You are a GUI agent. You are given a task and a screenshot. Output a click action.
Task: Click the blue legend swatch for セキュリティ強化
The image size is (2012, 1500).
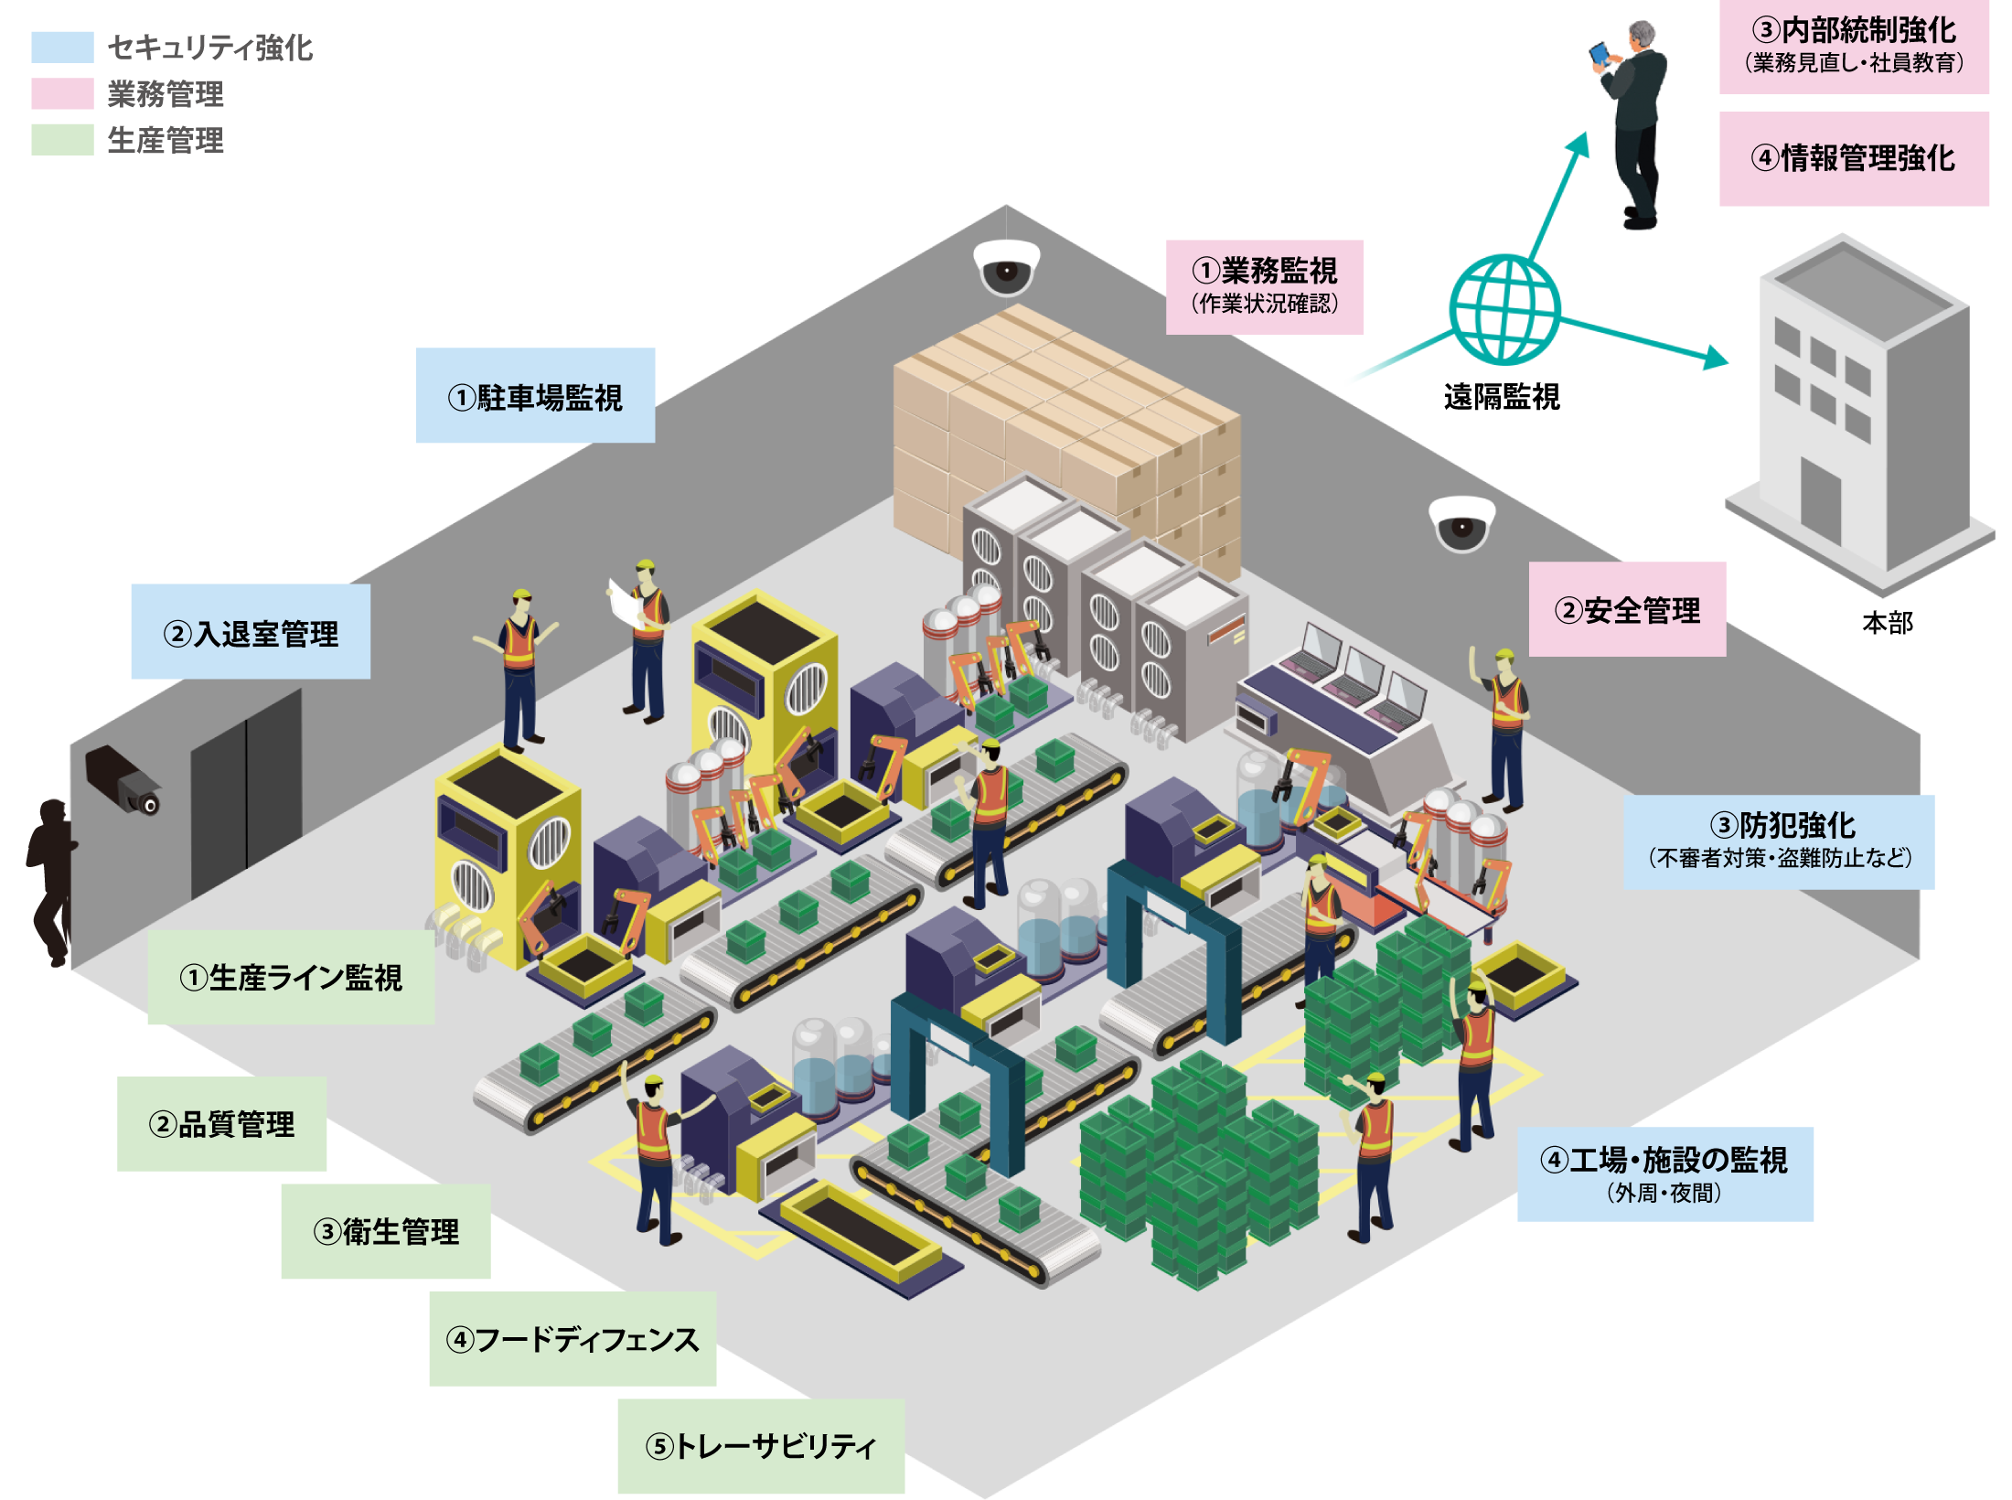click(62, 47)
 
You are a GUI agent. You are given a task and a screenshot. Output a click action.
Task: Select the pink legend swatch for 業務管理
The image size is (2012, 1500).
click(62, 93)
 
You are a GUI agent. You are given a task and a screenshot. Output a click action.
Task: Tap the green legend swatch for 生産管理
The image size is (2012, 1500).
click(62, 140)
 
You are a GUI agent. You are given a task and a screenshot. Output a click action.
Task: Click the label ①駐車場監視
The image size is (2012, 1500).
click(535, 398)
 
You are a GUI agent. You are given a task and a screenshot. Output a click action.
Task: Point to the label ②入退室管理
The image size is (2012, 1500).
click(251, 634)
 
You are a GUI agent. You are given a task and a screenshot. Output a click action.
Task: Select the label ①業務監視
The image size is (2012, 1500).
click(1265, 271)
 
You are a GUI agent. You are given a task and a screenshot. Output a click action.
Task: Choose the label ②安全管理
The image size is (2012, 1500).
click(1627, 610)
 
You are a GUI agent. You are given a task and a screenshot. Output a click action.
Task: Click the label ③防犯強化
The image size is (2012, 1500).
click(1782, 826)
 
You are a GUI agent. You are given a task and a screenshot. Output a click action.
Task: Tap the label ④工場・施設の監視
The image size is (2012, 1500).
click(1664, 1161)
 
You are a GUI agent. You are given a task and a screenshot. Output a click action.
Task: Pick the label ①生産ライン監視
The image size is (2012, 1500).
click(291, 978)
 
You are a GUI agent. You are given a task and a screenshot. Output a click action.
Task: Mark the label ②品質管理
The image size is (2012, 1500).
click(222, 1124)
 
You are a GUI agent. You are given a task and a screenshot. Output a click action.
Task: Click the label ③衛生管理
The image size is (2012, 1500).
click(386, 1232)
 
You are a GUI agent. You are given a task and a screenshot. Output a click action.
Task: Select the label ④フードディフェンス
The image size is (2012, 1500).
click(573, 1340)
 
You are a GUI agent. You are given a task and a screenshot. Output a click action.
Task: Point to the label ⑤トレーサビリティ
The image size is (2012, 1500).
click(761, 1447)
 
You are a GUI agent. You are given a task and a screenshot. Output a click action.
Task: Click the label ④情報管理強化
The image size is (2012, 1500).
click(1853, 158)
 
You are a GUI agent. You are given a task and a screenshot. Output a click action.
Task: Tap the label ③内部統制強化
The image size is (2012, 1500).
click(1853, 31)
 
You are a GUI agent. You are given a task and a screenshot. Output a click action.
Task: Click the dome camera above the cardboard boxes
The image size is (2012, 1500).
click(1006, 266)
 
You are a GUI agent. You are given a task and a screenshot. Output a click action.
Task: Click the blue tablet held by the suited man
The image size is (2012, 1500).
click(1600, 53)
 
